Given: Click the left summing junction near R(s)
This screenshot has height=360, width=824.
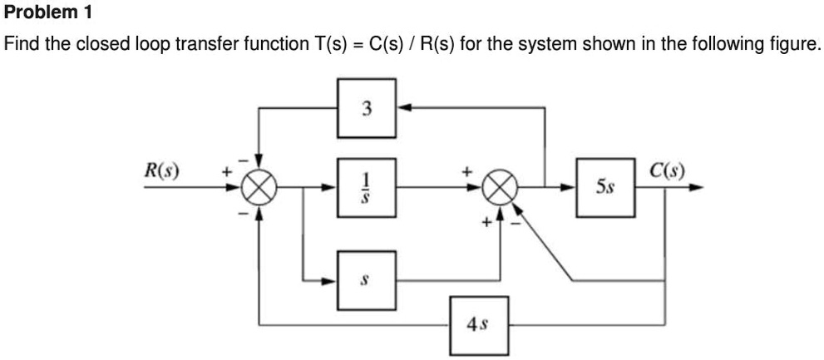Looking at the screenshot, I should point(259,188).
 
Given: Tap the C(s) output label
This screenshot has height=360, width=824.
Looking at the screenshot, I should point(668,173).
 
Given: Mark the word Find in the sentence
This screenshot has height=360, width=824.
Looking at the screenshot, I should point(22,44).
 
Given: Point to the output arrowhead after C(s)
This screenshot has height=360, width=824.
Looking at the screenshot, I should point(697,188).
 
